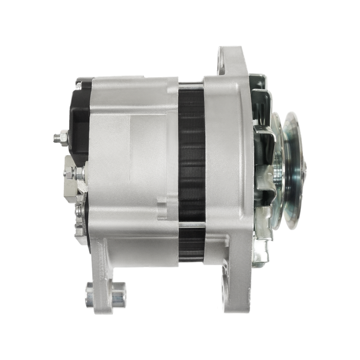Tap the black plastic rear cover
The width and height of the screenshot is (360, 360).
point(79,115)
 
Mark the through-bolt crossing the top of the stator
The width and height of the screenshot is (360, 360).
point(191,84)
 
